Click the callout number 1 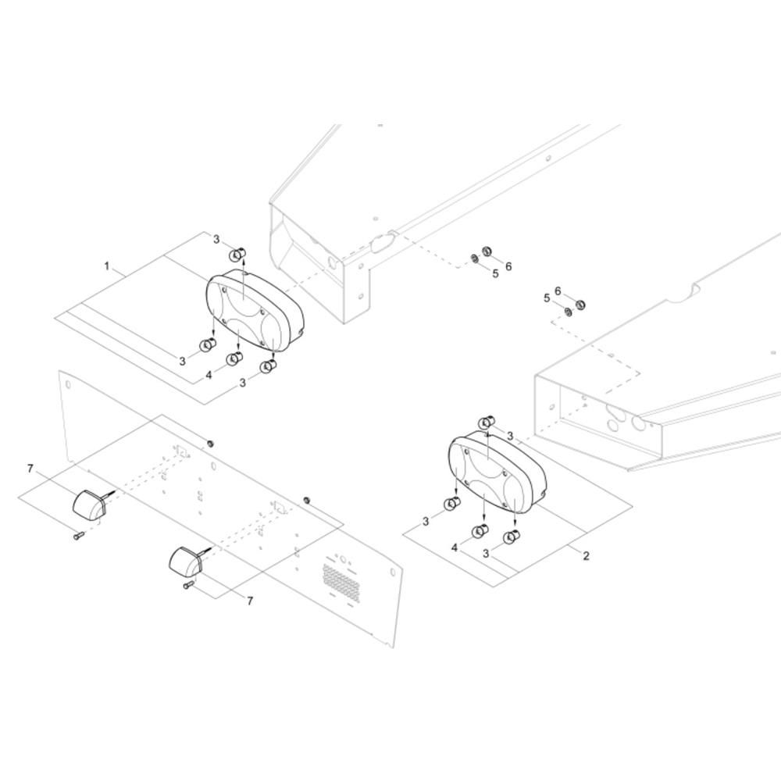click(x=106, y=266)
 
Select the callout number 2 click(x=586, y=555)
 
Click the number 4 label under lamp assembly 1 click(x=209, y=375)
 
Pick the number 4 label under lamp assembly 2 click(x=455, y=548)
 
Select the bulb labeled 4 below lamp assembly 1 click(x=234, y=358)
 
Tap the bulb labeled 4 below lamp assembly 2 click(x=480, y=531)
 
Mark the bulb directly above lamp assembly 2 click(x=486, y=423)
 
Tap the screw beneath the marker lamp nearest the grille click(x=188, y=586)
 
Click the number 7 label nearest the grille click(x=250, y=601)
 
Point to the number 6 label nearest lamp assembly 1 click(x=508, y=266)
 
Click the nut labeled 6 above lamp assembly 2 click(x=580, y=305)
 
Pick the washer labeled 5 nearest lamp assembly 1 click(x=474, y=259)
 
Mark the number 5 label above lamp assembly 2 click(x=547, y=298)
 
